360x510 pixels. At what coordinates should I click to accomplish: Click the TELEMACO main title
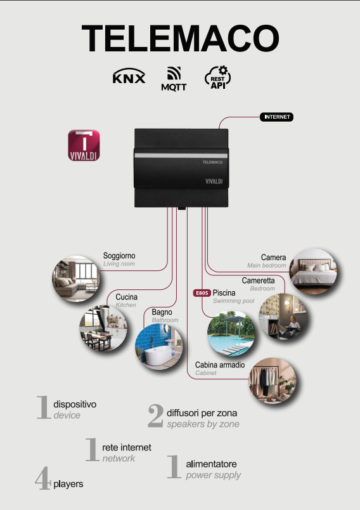(181, 39)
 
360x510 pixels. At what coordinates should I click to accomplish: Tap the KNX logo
(129, 76)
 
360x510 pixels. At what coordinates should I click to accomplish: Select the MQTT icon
(174, 79)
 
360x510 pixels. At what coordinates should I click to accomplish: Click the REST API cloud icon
(217, 77)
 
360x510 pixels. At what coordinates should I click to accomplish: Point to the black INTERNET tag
(276, 117)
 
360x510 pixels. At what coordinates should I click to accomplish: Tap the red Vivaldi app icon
(84, 145)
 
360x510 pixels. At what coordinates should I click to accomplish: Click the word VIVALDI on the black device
(214, 181)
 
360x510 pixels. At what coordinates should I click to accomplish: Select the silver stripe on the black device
(181, 155)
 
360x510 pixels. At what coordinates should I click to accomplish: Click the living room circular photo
(76, 278)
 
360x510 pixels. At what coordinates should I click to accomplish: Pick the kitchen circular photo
(103, 328)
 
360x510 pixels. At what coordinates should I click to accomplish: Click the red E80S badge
(202, 293)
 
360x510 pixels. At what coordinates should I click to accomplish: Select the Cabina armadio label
(220, 365)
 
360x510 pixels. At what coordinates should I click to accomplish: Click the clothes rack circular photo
(273, 381)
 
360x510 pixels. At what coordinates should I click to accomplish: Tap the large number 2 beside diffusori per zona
(156, 415)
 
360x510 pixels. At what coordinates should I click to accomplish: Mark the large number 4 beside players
(42, 478)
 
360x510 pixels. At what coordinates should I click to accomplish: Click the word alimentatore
(211, 464)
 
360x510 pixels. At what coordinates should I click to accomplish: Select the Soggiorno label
(119, 256)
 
